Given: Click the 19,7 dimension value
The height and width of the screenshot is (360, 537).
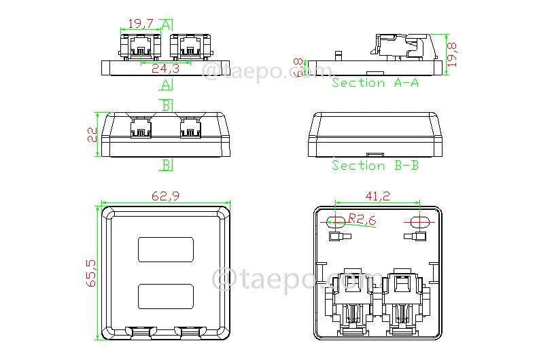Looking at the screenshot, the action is (141, 24).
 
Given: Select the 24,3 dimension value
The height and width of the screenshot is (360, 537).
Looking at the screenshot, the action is (165, 69).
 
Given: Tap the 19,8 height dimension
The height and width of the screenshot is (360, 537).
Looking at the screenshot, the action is (452, 54).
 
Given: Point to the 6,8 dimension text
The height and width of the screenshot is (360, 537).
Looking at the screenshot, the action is (298, 67).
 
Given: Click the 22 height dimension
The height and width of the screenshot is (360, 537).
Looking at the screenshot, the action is (92, 134).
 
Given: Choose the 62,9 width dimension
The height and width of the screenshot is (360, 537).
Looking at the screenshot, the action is (165, 196).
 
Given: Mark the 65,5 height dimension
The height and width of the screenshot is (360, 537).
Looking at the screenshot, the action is (91, 273).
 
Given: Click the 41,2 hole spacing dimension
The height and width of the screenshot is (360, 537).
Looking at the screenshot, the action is (377, 196).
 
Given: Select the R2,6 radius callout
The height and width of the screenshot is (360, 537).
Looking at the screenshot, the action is (362, 219).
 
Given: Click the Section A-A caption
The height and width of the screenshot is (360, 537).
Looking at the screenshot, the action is (375, 83).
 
